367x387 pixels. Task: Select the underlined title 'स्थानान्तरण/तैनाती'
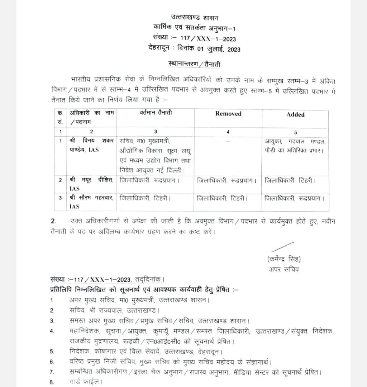(194, 65)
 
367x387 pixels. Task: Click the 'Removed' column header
(228, 114)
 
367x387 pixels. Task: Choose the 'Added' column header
(295, 114)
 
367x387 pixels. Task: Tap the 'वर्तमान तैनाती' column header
(156, 113)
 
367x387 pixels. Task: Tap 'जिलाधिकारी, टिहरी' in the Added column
(290, 180)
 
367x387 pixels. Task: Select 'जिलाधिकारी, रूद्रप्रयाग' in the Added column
(295, 198)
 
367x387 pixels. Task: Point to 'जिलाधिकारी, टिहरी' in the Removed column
(222, 198)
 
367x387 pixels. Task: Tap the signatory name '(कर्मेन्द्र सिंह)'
(284, 259)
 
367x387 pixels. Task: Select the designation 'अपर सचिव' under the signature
(284, 269)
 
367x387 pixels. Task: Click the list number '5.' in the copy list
(52, 351)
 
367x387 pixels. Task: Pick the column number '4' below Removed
(228, 132)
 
